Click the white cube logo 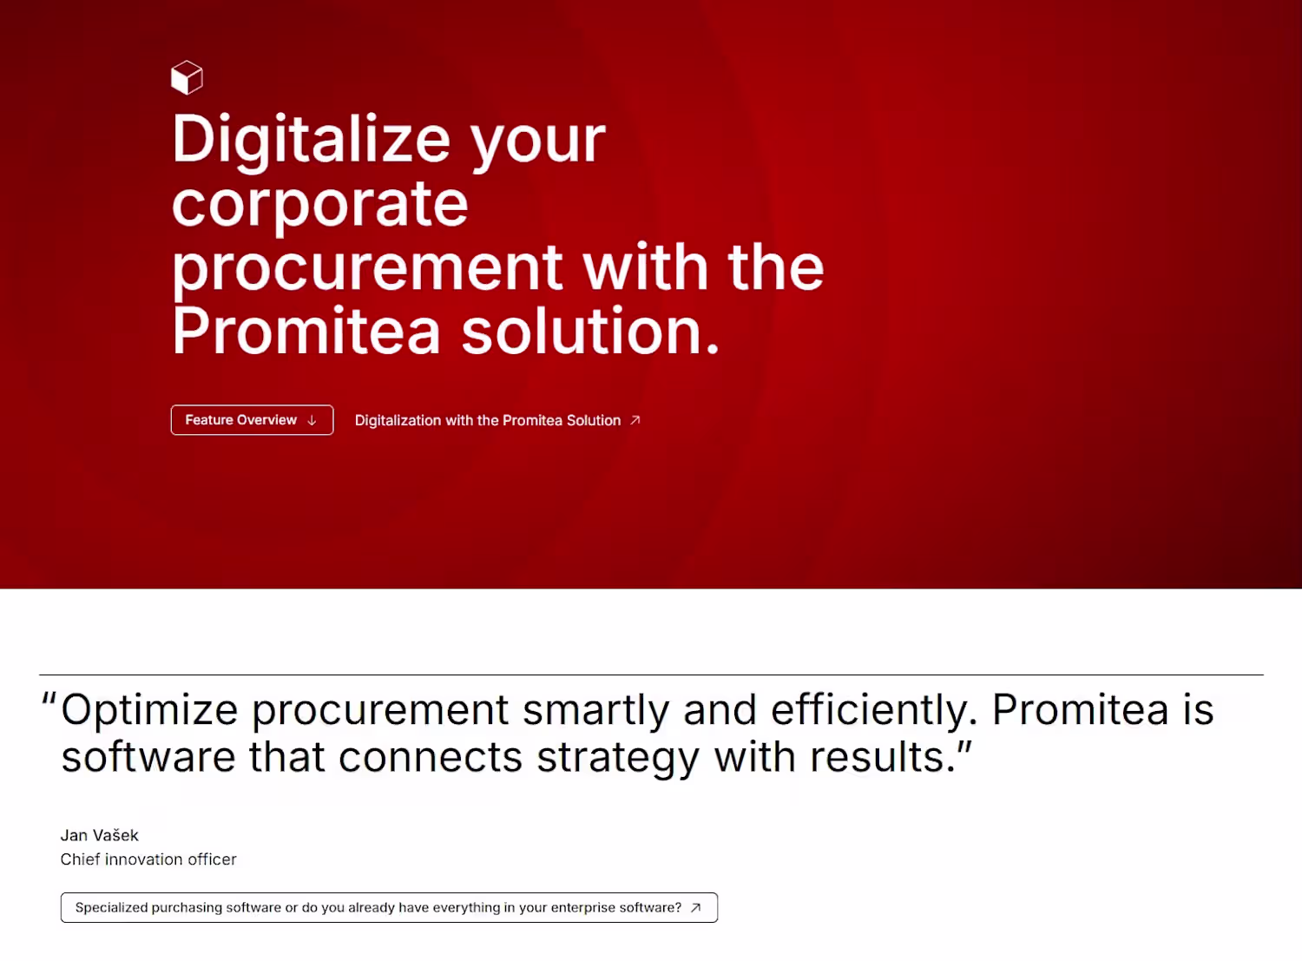tap(187, 77)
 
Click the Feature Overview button tap(252, 420)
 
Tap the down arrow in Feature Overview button tap(312, 420)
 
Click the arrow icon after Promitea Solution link tap(635, 420)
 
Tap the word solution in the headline tap(590, 331)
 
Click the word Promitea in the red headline tap(306, 331)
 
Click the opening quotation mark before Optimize tap(49, 700)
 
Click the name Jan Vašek tap(99, 835)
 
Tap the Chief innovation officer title tap(148, 859)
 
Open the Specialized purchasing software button tap(389, 907)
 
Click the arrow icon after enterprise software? tap(695, 907)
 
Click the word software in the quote tap(148, 757)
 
